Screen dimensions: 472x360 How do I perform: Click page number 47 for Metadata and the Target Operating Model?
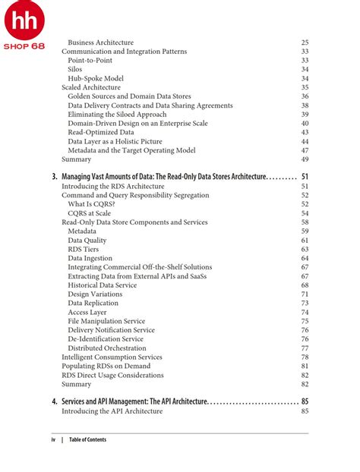pyautogui.click(x=304, y=150)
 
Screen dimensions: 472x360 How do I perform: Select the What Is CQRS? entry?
pyautogui.click(x=91, y=204)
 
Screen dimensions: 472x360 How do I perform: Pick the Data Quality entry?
pyautogui.click(x=87, y=240)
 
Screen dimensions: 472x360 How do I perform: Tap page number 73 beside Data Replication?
pyautogui.click(x=304, y=303)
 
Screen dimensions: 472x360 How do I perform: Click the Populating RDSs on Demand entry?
pyautogui.click(x=106, y=366)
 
